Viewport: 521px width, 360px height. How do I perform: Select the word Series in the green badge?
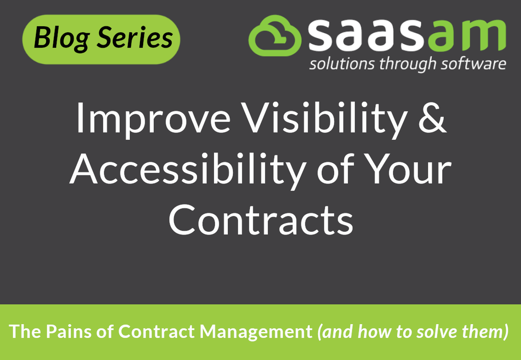tap(135, 37)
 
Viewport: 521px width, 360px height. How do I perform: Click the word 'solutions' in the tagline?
tap(342, 64)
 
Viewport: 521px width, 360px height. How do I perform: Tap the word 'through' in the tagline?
tap(408, 64)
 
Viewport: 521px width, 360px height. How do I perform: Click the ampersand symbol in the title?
tap(432, 117)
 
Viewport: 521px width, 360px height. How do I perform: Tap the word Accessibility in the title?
tap(188, 171)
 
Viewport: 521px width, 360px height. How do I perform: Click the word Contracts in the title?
tap(261, 220)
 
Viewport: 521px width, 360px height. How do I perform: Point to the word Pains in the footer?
tap(69, 331)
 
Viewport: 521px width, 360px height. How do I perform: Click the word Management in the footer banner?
tap(256, 332)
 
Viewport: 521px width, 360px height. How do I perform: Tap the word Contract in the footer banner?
tap(156, 331)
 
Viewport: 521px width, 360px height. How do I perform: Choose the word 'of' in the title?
tap(335, 169)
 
